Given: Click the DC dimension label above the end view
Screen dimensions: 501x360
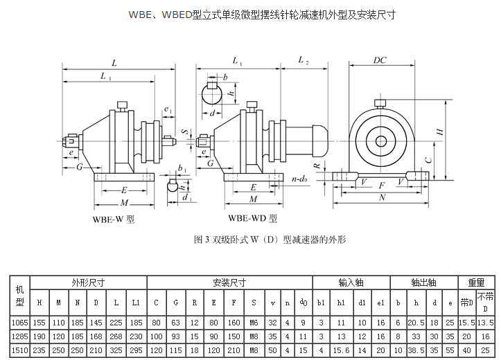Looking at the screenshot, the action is click(380, 60).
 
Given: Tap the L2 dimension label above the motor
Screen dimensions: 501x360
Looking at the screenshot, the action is click(304, 60).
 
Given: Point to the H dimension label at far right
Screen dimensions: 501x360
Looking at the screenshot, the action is click(440, 132).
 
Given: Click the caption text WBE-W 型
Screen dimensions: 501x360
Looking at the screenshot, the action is click(114, 219).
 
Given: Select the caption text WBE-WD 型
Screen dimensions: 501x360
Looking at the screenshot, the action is click(252, 218).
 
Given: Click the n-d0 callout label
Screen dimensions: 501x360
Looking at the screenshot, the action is click(299, 179).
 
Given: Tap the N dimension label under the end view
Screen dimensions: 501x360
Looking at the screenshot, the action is click(382, 197).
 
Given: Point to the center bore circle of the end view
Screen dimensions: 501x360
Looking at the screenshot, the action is click(381, 141).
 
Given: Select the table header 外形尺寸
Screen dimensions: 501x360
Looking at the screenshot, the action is click(88, 282).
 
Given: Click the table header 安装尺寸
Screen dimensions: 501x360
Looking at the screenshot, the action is click(229, 282).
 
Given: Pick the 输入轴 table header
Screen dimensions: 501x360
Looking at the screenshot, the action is click(351, 282).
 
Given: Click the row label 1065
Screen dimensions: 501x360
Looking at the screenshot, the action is click(20, 323).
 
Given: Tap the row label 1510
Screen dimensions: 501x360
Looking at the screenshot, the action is click(20, 350).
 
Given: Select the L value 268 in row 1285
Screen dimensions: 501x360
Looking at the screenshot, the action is click(116, 336).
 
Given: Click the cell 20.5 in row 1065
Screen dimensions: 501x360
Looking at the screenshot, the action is click(416, 323).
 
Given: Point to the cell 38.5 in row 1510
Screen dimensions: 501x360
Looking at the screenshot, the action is click(416, 350).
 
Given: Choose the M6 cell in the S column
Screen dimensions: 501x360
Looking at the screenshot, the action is click(254, 323).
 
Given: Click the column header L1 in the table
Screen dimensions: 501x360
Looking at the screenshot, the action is click(136, 303).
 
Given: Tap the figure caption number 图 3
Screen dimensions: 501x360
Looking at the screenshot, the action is click(201, 240).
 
